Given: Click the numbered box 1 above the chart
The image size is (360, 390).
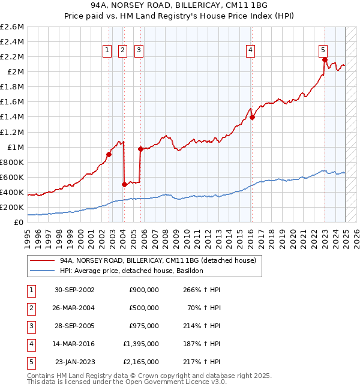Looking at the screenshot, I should pos(107,50).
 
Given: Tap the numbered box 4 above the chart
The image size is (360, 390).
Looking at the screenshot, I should pos(250,50).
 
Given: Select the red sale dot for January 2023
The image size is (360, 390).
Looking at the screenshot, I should pos(325,59).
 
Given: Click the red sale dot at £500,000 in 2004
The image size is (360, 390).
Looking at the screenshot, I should pos(124,184).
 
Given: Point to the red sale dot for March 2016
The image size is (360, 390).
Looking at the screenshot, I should pos(253,118).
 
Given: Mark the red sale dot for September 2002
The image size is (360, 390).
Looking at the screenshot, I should pos(109,154).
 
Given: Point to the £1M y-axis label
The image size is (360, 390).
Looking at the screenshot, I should pos(14,147).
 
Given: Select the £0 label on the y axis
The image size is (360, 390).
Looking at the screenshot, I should pos(19,223).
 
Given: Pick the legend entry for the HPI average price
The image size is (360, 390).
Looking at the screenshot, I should pos(131,271).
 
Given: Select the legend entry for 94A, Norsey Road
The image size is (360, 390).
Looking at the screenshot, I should pos(158,260).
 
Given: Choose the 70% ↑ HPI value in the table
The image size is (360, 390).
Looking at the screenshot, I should pos(203,308).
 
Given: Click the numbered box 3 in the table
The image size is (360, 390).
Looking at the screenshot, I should pos(31,326).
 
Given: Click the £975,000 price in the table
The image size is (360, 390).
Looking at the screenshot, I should pos(144,326).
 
